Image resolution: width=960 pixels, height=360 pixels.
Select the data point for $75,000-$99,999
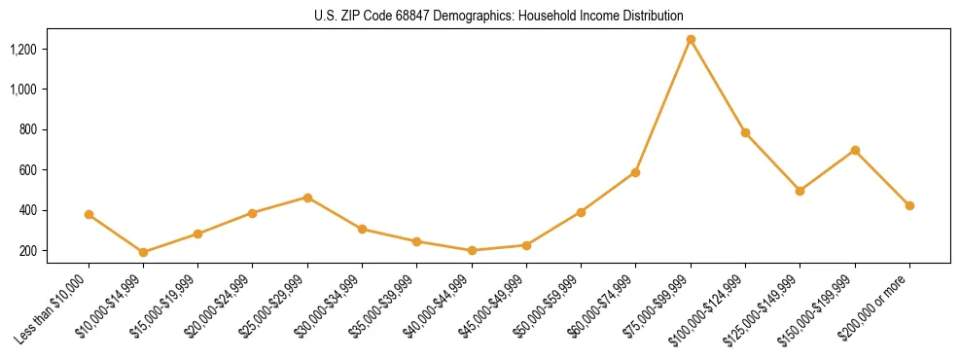coord(691,40)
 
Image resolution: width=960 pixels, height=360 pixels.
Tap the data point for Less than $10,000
coord(89,214)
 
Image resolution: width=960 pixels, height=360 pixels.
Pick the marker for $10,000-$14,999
coord(143,252)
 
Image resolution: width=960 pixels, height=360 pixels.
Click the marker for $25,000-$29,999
coord(307,198)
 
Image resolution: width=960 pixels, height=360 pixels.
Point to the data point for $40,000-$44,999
coord(472,250)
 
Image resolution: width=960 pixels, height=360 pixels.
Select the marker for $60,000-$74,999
coord(635,172)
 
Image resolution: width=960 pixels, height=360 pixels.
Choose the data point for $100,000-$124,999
coord(745,132)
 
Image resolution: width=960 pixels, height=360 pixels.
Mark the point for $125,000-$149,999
coord(800,191)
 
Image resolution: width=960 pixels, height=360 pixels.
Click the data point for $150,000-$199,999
coord(855,150)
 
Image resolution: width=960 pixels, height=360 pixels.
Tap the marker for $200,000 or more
coord(909,205)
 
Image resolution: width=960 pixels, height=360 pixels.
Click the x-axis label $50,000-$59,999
coord(552,304)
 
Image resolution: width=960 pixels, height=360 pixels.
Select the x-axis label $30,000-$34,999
coord(334,304)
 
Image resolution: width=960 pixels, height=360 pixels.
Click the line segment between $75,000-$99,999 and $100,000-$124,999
coord(718,87)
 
